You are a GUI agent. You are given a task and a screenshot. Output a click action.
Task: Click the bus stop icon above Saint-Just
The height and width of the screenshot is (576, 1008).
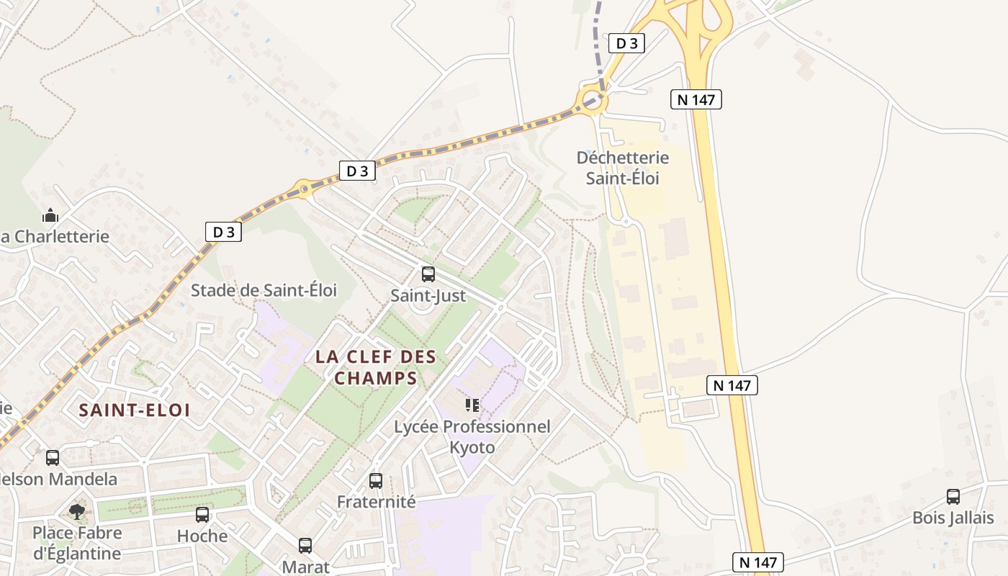[428, 274]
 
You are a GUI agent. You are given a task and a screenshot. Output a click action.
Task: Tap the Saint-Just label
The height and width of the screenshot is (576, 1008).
[428, 296]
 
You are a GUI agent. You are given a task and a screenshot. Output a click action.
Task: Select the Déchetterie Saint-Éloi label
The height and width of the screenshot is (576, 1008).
[623, 168]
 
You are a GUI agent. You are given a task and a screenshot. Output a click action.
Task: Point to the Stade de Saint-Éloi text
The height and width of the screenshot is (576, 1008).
[264, 290]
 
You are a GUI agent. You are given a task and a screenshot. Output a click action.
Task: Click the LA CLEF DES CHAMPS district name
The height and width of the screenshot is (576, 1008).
[375, 367]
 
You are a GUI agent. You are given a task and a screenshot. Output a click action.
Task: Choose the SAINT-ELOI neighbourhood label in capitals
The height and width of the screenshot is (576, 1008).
[135, 410]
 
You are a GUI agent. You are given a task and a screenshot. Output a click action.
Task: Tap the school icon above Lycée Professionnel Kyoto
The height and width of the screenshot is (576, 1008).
[472, 405]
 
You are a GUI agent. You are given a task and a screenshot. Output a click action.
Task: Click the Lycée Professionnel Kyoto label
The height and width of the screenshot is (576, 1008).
[472, 437]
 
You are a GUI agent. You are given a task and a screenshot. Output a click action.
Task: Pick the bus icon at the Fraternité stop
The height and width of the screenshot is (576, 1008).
[376, 480]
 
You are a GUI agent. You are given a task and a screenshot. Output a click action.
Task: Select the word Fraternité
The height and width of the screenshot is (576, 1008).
[377, 502]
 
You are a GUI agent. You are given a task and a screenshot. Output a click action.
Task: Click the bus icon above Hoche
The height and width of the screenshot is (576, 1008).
[202, 515]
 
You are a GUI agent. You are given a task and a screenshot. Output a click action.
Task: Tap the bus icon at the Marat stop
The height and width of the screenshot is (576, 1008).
[305, 546]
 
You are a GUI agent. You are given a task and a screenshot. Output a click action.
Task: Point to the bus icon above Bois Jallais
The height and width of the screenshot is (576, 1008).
[953, 497]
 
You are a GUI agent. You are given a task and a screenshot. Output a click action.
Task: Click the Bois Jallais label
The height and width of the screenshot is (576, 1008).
[953, 518]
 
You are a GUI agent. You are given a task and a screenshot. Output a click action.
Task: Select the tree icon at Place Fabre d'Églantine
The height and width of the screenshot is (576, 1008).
[77, 512]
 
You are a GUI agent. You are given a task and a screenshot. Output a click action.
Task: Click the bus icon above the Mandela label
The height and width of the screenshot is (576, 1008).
[53, 458]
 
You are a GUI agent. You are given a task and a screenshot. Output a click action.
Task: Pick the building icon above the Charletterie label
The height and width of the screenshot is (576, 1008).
[50, 215]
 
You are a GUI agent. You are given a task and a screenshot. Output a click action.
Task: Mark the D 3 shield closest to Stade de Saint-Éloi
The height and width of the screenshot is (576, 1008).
[223, 232]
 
